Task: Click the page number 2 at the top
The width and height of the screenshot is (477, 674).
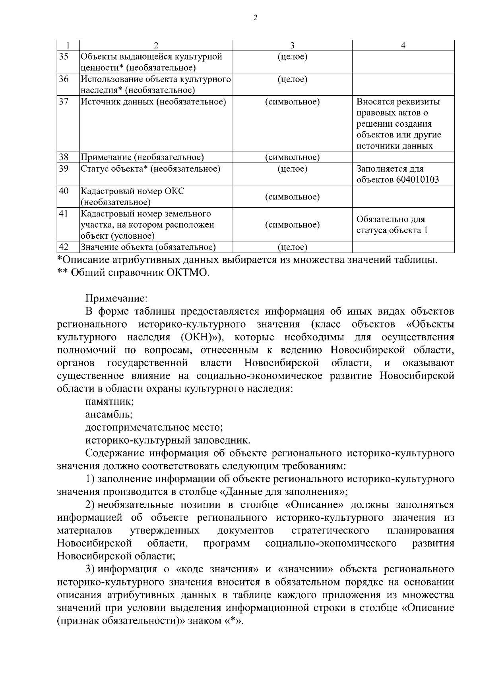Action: coord(255,17)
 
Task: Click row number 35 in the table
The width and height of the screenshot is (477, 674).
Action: coord(64,56)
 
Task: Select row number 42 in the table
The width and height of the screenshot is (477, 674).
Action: coord(64,247)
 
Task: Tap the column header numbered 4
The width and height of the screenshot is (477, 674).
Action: coord(403,45)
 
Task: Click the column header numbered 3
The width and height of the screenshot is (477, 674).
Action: coord(292,45)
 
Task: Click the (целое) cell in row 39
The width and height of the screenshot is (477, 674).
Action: coord(292,169)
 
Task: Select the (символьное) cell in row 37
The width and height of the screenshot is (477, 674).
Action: coord(292,102)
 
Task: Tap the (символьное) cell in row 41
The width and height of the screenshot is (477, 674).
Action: coord(292,225)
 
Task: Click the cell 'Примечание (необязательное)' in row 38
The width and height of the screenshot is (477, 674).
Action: coord(142,157)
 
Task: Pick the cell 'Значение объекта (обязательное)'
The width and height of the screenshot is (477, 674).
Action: coord(148,247)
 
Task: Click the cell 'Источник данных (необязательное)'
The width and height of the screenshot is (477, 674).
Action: coord(153,102)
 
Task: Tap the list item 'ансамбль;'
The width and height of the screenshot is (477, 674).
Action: coord(109,414)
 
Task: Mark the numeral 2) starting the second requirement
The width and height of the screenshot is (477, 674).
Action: coord(90,505)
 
